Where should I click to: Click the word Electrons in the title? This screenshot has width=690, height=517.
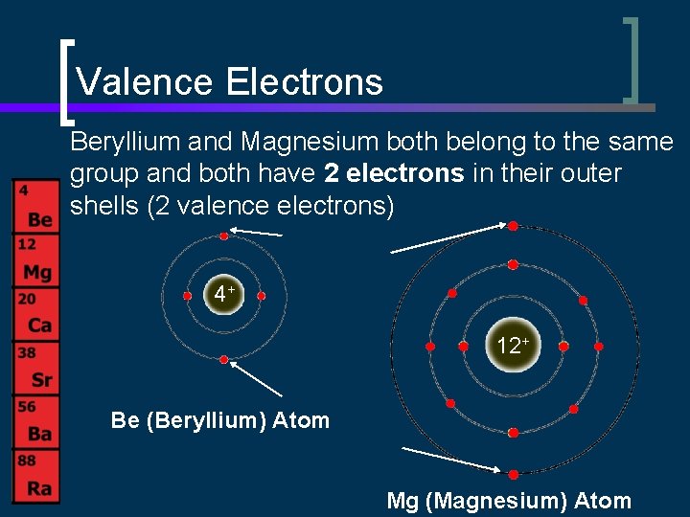click(x=305, y=82)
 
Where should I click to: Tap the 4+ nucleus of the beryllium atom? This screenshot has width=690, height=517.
click(x=224, y=295)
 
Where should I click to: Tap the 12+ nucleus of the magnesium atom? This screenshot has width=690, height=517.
click(x=513, y=346)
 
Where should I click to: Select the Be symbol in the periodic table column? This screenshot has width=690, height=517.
click(x=39, y=220)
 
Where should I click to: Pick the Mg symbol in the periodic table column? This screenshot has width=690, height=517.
click(x=37, y=273)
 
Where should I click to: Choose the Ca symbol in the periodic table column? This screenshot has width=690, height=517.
click(x=39, y=326)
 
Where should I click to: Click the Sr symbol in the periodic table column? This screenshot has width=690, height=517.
click(x=41, y=380)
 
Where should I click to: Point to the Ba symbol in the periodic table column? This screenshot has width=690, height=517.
click(x=39, y=434)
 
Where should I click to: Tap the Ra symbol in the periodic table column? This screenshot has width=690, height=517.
click(x=39, y=488)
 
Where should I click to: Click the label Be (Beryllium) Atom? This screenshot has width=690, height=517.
click(x=220, y=420)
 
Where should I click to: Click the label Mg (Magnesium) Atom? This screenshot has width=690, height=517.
click(x=509, y=500)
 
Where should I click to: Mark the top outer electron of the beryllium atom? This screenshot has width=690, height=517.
click(x=224, y=235)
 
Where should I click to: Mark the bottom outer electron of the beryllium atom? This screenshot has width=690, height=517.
click(x=224, y=360)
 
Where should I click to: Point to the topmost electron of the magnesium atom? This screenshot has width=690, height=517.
click(x=513, y=226)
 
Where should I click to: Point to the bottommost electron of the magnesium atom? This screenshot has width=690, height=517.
click(x=513, y=474)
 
